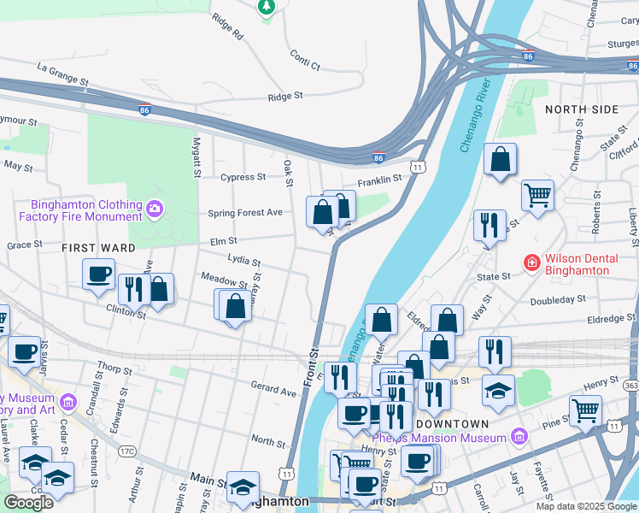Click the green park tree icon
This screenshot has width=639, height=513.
click(x=266, y=7)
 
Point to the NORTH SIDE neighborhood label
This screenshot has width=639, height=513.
click(x=581, y=109)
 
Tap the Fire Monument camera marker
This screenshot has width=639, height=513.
click(x=155, y=208)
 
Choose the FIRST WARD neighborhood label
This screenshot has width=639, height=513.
click(x=98, y=247)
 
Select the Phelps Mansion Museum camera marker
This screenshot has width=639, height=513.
click(x=518, y=438)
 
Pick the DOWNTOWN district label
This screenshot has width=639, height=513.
click(x=453, y=424)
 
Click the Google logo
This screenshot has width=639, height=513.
click(x=28, y=503)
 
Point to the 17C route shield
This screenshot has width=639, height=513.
click(x=126, y=451)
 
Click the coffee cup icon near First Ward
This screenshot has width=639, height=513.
click(x=98, y=274)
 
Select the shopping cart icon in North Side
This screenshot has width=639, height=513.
click(x=537, y=195)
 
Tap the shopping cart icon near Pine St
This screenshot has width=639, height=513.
click(x=585, y=410)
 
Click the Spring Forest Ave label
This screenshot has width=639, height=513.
click(x=245, y=213)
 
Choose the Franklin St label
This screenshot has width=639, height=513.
click(x=379, y=180)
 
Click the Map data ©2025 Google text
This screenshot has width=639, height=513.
click(x=585, y=505)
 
